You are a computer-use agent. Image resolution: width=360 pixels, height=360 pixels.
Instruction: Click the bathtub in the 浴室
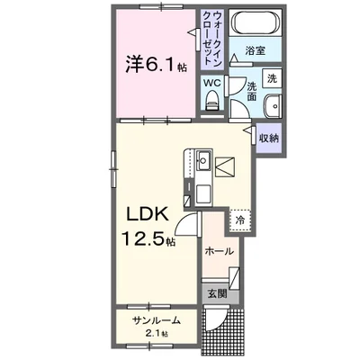click(255, 27)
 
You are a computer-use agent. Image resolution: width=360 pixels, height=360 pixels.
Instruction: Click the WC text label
click(212, 84)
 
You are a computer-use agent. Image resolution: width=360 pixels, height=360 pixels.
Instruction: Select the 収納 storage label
click(268, 139)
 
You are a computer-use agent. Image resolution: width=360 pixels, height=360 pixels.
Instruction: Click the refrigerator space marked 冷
click(240, 218)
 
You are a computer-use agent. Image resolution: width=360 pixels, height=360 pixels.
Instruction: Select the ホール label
click(220, 250)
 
